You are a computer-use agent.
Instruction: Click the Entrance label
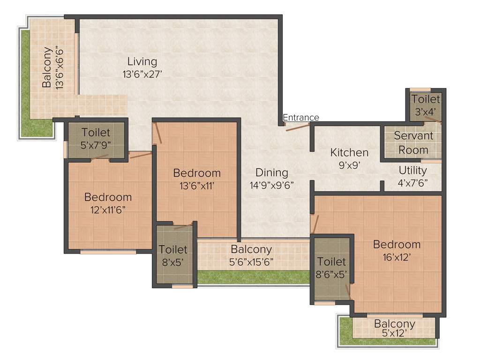click(300, 117)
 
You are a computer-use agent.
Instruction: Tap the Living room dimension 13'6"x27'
click(142, 74)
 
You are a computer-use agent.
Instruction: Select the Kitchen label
click(349, 152)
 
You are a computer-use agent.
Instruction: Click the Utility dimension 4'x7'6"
click(412, 182)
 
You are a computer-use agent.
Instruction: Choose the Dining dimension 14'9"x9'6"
click(272, 185)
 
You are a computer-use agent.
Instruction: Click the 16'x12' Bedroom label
click(397, 244)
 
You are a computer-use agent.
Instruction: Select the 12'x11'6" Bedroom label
click(108, 197)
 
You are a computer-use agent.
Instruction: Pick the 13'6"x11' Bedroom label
click(197, 173)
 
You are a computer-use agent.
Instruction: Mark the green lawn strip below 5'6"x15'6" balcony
click(253, 277)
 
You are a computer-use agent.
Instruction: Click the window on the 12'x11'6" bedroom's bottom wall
click(108, 252)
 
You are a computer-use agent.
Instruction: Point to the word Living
click(142, 61)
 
